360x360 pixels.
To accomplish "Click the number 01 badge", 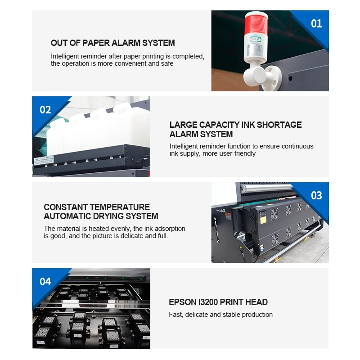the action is [316, 24].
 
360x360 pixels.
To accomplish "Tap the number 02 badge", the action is [45, 110].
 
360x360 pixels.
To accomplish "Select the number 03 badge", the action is [316, 196].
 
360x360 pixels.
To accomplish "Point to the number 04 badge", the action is [45, 282].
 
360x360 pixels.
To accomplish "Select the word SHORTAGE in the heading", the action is [279, 125].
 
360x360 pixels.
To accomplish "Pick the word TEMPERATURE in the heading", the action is [120, 207].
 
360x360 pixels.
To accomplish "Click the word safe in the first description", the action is [167, 63].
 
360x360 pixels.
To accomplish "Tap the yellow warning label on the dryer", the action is [263, 220].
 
